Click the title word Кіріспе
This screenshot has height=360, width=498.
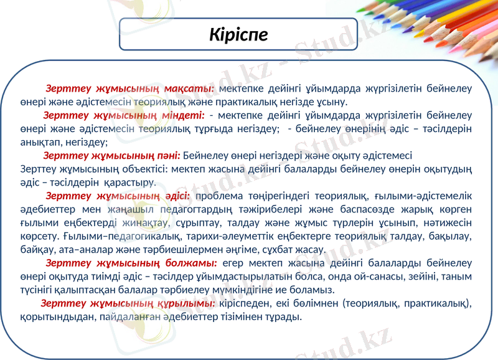coord(238,34)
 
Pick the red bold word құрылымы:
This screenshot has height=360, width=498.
coord(186,303)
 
